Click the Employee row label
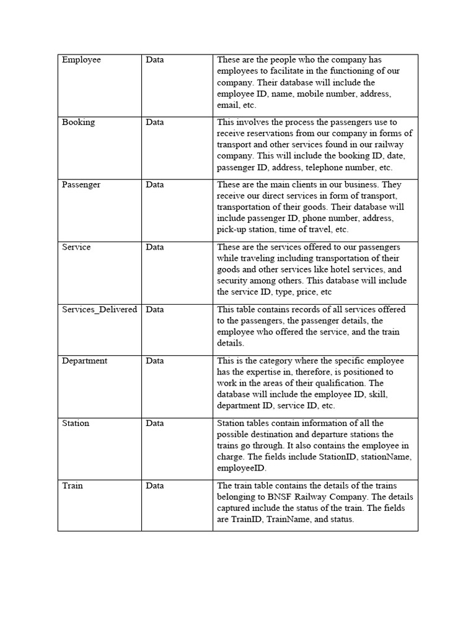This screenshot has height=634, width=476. click(x=81, y=60)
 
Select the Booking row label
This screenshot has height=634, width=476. click(x=78, y=123)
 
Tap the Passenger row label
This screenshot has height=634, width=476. click(x=81, y=185)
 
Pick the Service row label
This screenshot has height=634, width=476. click(x=76, y=247)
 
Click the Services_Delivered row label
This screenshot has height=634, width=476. click(x=99, y=310)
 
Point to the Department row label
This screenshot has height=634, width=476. click(x=84, y=361)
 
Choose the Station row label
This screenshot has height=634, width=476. click(x=76, y=423)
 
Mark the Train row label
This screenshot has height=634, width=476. click(x=72, y=486)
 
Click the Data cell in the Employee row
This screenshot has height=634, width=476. click(x=155, y=60)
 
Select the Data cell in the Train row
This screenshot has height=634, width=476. click(x=155, y=486)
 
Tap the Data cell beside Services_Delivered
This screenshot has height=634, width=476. click(x=155, y=310)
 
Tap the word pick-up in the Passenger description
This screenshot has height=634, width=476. click(x=231, y=230)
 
